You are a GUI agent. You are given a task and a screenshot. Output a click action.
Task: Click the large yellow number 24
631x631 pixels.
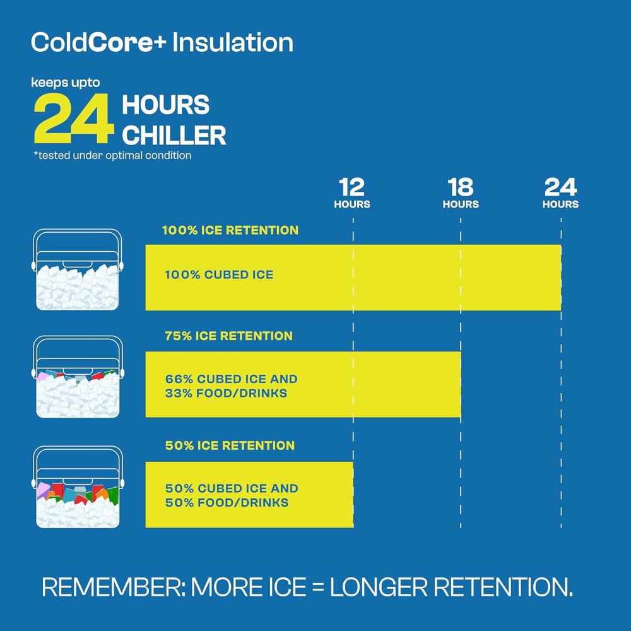pos(74,120)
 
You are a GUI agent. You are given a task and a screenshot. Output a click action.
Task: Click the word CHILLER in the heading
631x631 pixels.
pos(174,136)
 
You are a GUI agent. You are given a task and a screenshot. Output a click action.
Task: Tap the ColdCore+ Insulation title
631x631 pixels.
pos(162,42)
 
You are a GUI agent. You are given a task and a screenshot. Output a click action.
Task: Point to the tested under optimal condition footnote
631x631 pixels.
pos(112,155)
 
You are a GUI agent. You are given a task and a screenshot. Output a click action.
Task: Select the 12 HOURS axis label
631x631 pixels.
pos(352,193)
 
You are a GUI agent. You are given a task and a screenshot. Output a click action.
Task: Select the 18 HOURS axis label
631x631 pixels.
pos(461,193)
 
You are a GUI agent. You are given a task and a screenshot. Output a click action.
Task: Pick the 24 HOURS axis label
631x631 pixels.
pos(560,193)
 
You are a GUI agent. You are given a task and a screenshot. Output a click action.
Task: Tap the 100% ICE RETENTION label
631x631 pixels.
pos(230,230)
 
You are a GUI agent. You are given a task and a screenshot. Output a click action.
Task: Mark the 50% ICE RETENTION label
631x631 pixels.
pos(230,445)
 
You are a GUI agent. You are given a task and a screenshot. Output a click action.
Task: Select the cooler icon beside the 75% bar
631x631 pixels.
pos(77,377)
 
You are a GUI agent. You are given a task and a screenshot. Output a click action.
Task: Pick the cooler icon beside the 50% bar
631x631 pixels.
pos(77,487)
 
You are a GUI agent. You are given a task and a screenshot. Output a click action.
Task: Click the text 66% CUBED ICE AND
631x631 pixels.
pos(231,379)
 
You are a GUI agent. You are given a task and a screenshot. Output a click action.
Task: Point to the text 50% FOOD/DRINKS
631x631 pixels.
pos(227,503)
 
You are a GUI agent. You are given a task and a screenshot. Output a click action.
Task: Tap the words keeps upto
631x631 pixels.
pos(66,82)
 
